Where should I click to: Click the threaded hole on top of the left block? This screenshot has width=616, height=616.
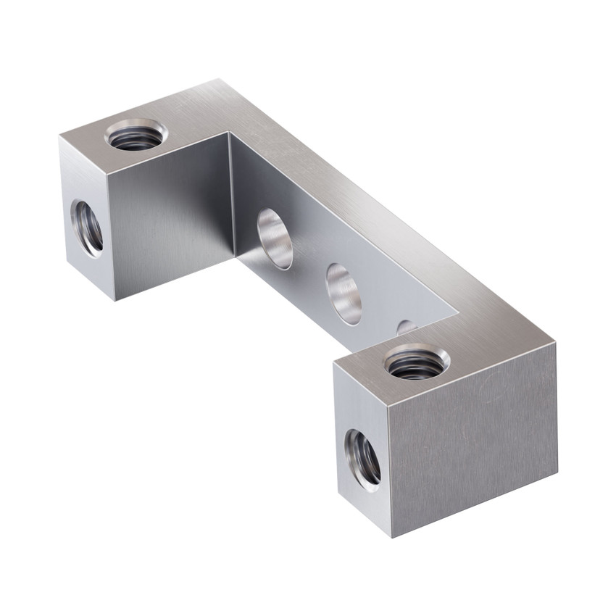[x=136, y=136]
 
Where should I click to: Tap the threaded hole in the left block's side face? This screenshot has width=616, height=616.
[x=88, y=228]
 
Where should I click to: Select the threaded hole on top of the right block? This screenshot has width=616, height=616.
[x=416, y=362]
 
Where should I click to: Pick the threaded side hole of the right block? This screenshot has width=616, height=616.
[x=362, y=457]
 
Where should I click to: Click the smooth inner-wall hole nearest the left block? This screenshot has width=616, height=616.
[x=275, y=238]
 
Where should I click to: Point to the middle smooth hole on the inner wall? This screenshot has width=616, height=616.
[x=344, y=294]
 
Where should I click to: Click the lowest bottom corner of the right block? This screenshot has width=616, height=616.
[x=392, y=537]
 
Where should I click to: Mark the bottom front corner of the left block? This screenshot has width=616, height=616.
[x=115, y=299]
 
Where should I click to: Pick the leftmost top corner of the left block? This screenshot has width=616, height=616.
[x=59, y=137]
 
